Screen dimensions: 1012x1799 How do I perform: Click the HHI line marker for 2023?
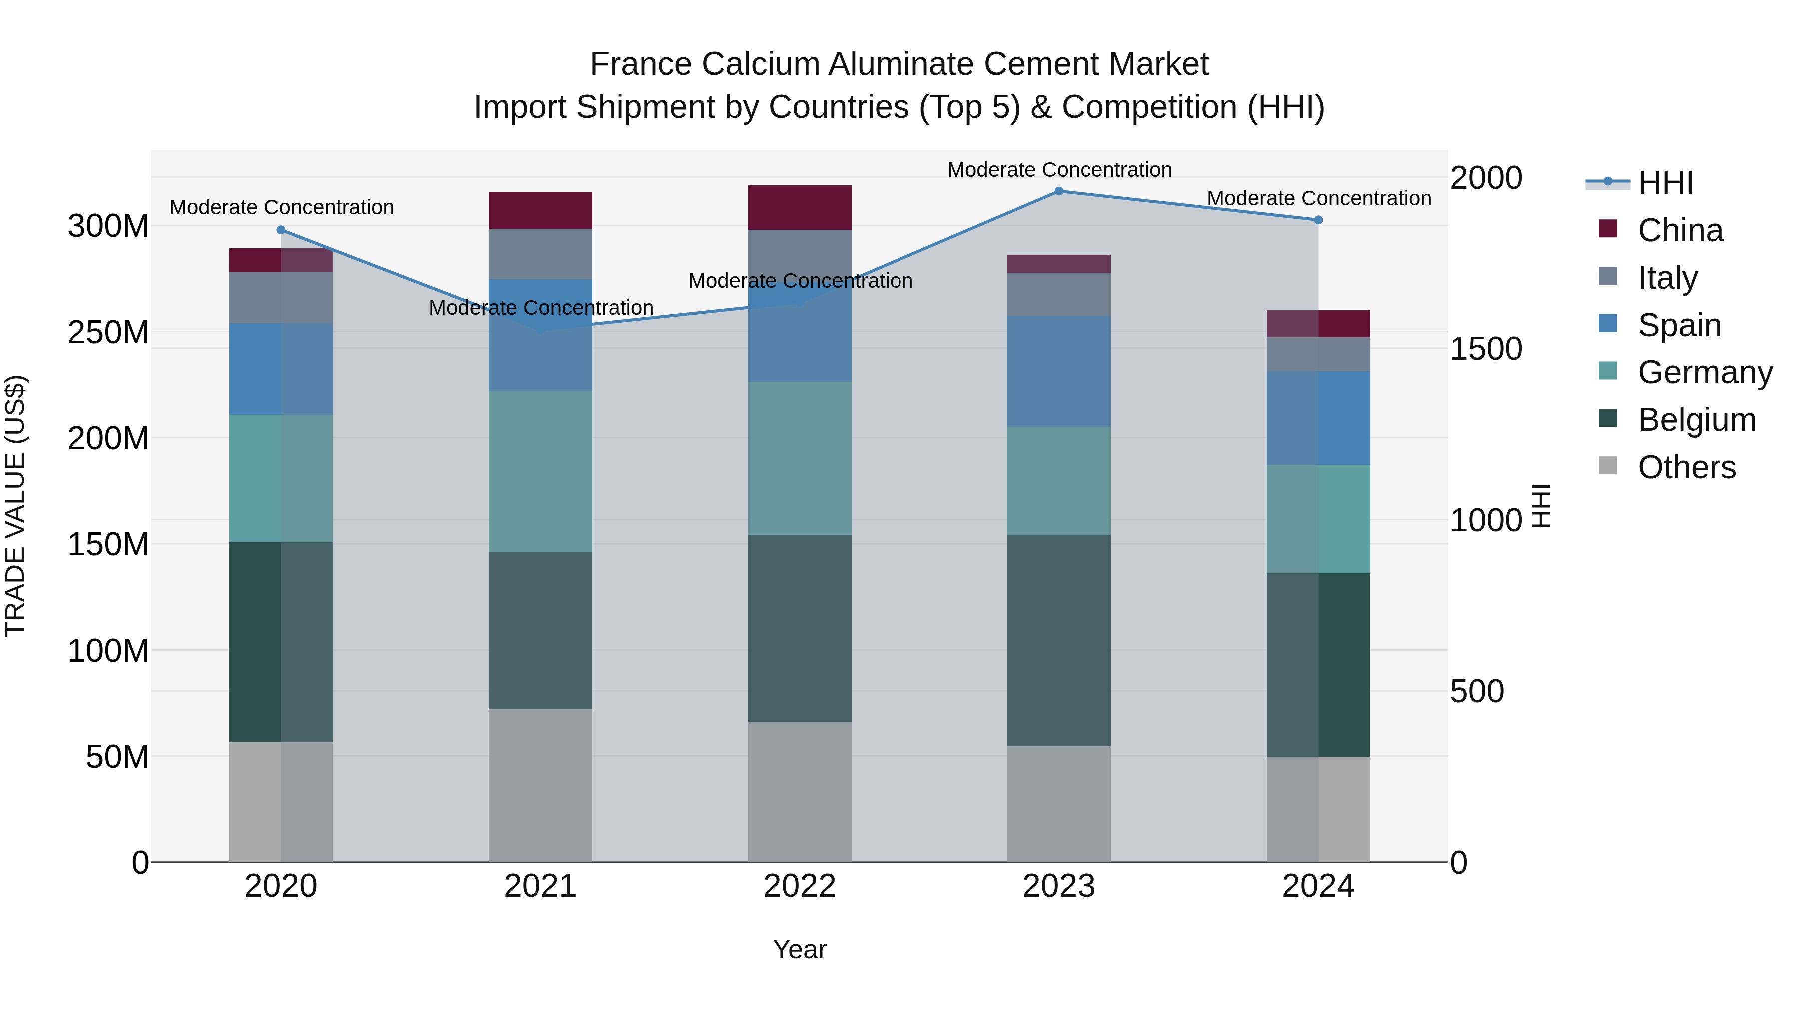coord(1059,191)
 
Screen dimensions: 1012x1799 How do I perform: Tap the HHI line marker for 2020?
coord(281,230)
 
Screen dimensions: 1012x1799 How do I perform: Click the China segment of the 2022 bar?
coord(800,207)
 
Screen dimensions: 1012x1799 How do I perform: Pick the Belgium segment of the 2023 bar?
coord(1059,641)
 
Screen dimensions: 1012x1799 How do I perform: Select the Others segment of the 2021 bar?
coord(541,785)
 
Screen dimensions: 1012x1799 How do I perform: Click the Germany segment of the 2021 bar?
coord(541,471)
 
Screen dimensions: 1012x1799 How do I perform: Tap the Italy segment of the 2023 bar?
coord(1059,294)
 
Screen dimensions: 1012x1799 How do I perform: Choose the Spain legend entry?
coord(1679,325)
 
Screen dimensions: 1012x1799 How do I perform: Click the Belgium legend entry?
coord(1697,420)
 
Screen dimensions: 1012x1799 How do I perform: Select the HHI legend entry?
coord(1665,183)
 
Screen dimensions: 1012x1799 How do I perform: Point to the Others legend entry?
coord(1686,467)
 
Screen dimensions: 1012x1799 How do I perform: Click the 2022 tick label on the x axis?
coord(800,886)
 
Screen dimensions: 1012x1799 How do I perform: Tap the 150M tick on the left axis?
coord(108,545)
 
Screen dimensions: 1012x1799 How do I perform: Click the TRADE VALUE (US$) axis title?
coord(15,506)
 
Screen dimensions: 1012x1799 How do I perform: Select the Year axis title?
coord(800,949)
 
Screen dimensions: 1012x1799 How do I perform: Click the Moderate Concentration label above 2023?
coord(1059,170)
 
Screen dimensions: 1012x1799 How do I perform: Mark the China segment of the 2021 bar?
coord(541,210)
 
